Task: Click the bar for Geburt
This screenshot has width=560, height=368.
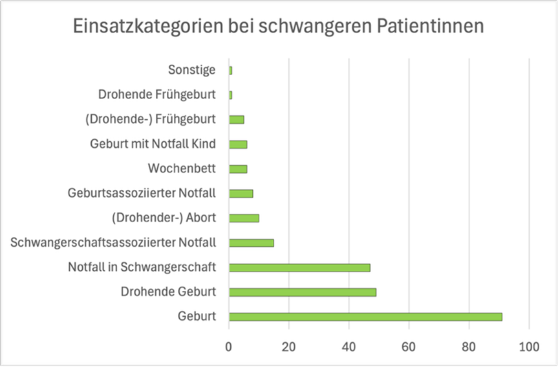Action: tap(365, 317)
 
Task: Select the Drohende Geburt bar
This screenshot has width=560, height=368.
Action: tap(303, 292)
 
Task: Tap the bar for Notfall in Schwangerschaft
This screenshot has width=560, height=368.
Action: tap(299, 268)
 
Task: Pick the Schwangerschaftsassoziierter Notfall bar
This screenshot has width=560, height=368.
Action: tap(252, 243)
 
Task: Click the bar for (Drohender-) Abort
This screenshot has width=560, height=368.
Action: tap(244, 218)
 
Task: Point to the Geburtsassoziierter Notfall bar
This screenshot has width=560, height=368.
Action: tap(241, 193)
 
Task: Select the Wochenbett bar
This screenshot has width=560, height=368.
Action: tap(238, 168)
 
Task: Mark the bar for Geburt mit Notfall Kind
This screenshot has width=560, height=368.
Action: tap(238, 144)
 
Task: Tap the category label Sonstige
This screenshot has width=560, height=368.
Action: tap(191, 70)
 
